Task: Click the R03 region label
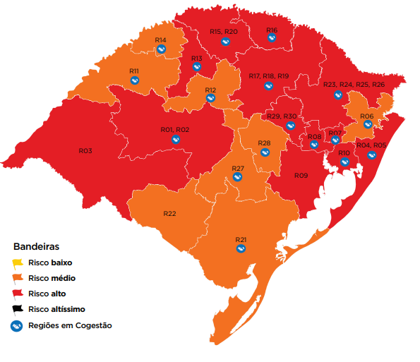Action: coord(85,151)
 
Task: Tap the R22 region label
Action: coord(169,214)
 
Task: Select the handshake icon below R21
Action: coord(241,250)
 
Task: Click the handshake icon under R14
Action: coord(161,49)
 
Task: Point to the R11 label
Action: coord(134,71)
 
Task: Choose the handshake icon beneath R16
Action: coord(272,38)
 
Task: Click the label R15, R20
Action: coord(224,32)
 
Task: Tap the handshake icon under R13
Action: coord(196,67)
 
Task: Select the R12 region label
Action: coord(210,90)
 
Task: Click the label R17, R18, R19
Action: coord(269,76)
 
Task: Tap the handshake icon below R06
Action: coord(367,124)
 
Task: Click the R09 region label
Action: coord(301,175)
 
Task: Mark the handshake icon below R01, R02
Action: coord(175,140)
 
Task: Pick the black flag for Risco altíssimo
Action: coord(18,309)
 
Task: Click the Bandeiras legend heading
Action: coord(35,247)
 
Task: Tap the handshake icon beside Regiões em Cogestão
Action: coord(18,325)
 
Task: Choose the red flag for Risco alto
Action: coord(18,294)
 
